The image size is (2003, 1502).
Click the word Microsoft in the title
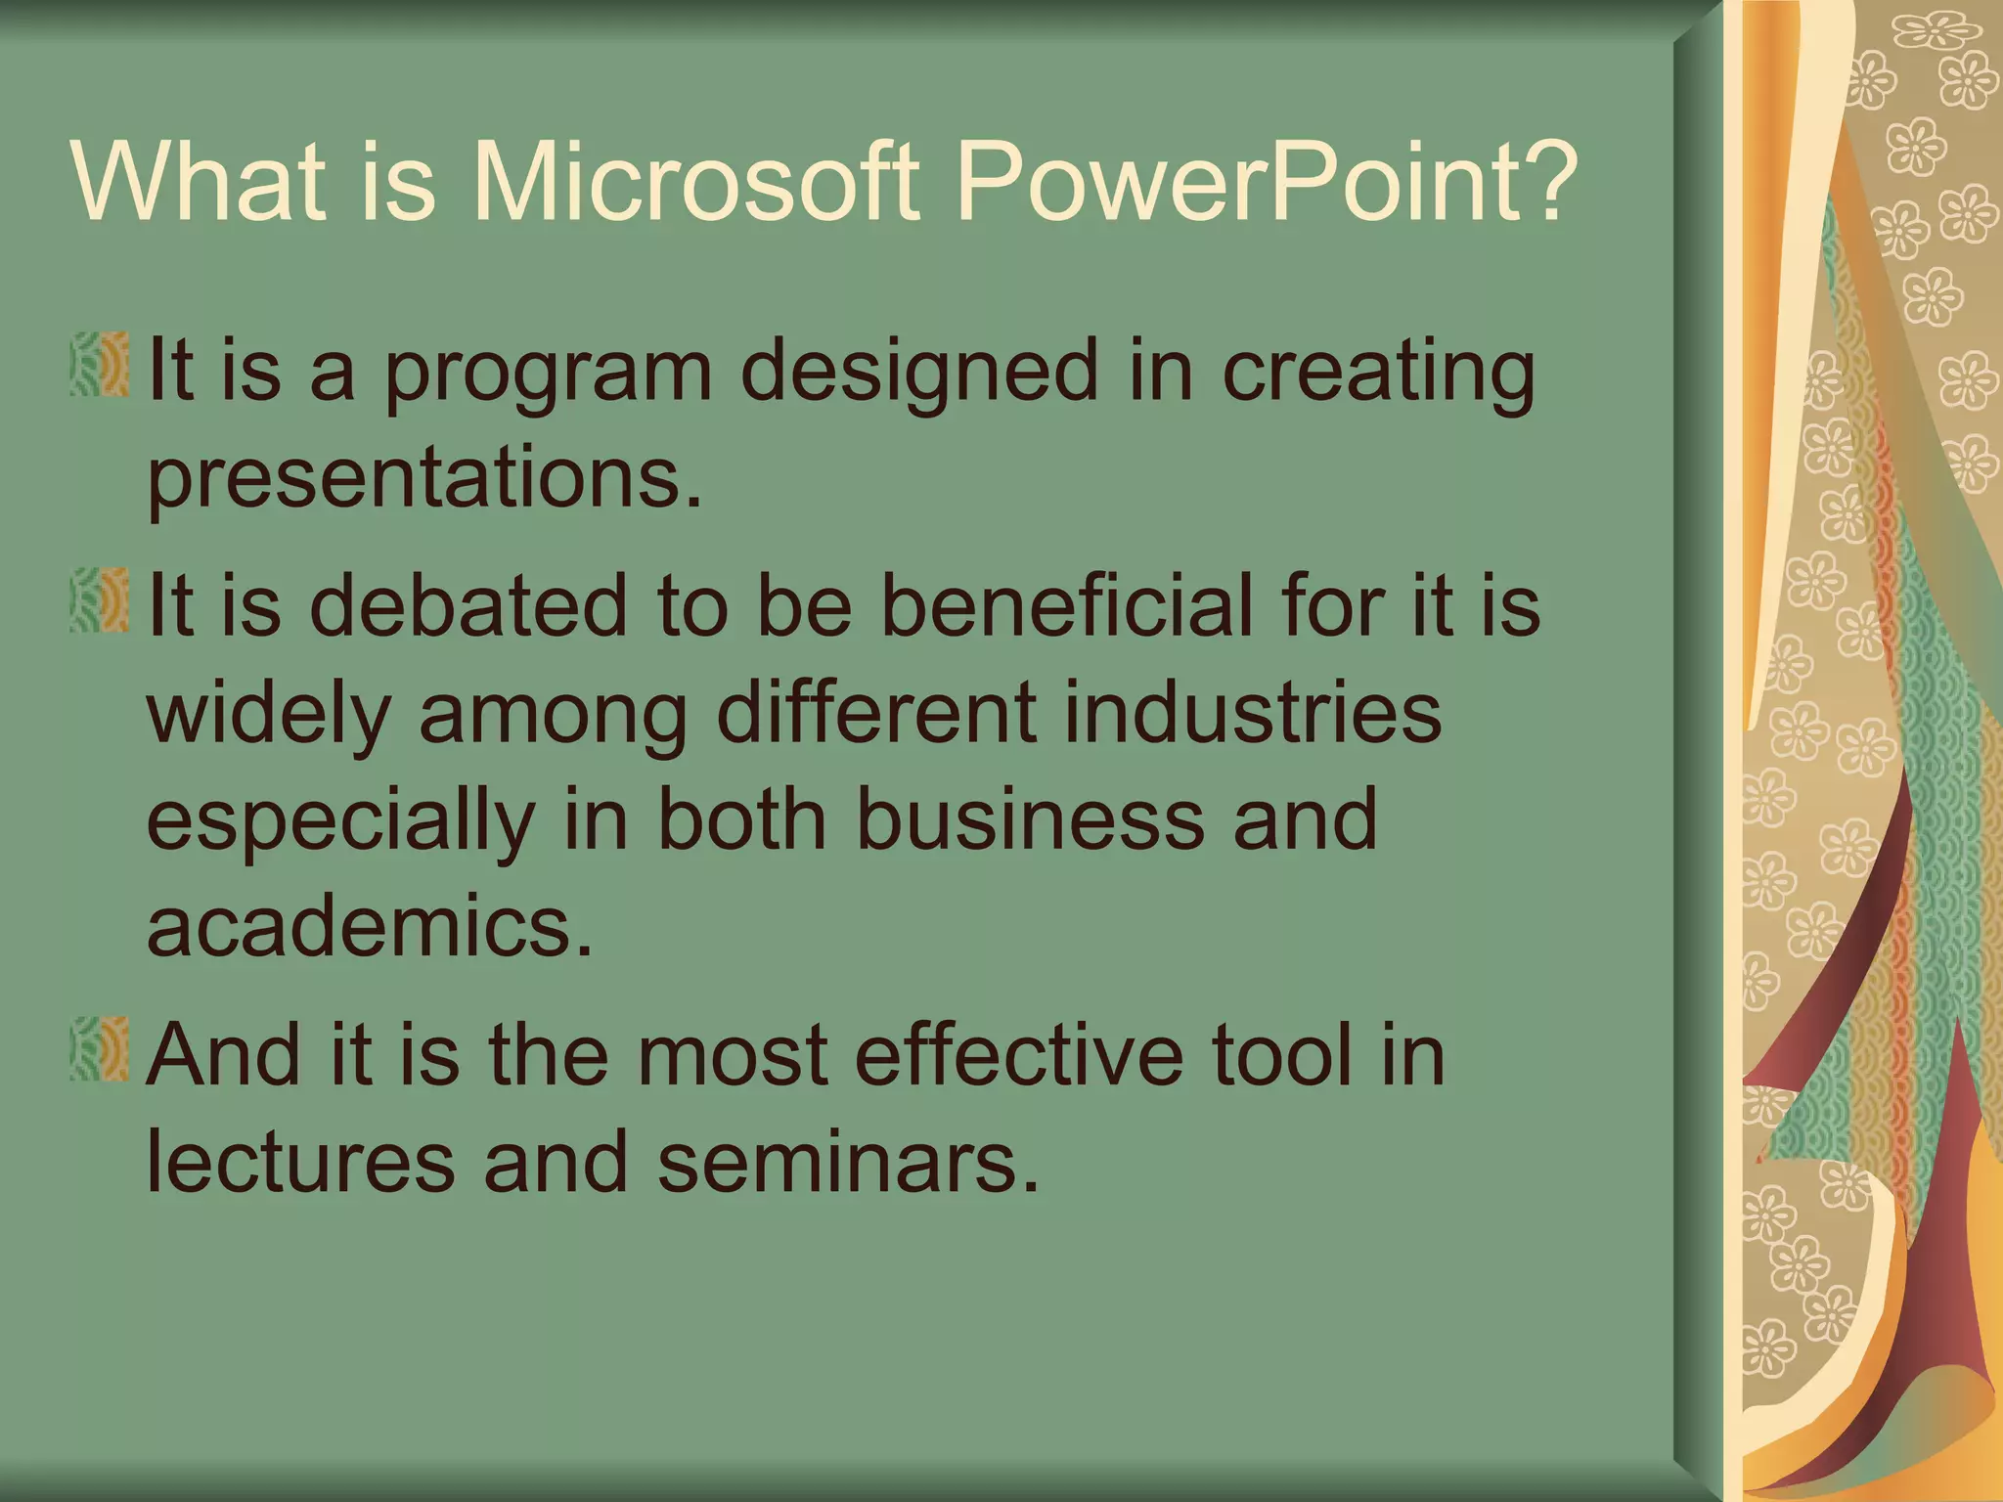click(x=695, y=182)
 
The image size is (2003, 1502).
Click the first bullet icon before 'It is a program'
click(x=100, y=365)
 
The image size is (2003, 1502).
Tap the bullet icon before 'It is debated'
click(x=100, y=600)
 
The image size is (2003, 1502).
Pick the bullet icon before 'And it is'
click(x=100, y=1048)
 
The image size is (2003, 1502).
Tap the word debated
click(x=468, y=606)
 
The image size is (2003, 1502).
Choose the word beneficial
click(x=1066, y=606)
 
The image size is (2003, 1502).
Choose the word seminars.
click(x=847, y=1162)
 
